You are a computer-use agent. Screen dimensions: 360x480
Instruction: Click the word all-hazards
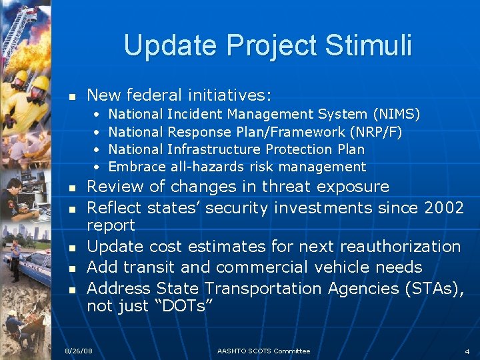(x=203, y=167)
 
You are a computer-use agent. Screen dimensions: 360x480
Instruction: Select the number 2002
(x=443, y=208)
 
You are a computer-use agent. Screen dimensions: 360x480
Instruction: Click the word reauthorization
(x=400, y=246)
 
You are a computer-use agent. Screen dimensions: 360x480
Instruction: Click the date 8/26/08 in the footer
(x=78, y=351)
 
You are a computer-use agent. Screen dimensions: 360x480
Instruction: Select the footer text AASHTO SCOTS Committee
(x=263, y=351)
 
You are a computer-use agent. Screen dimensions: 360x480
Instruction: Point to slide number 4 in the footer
(x=467, y=351)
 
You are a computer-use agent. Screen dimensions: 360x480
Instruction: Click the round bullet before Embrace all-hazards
(x=97, y=167)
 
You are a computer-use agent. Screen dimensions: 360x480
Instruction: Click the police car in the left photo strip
(x=30, y=260)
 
